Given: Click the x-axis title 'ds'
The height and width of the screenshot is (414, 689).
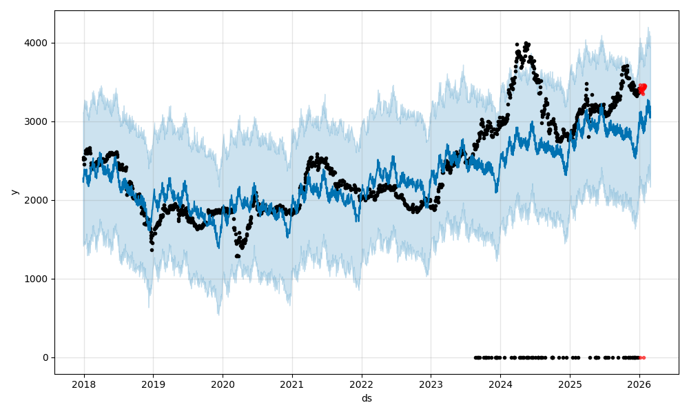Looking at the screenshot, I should tap(367, 398).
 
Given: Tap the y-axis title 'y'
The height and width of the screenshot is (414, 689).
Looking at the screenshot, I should tap(13, 192).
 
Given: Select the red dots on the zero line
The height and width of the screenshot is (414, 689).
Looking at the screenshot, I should tap(642, 357).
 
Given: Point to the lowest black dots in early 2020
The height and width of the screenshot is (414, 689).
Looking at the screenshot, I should tap(238, 256).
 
